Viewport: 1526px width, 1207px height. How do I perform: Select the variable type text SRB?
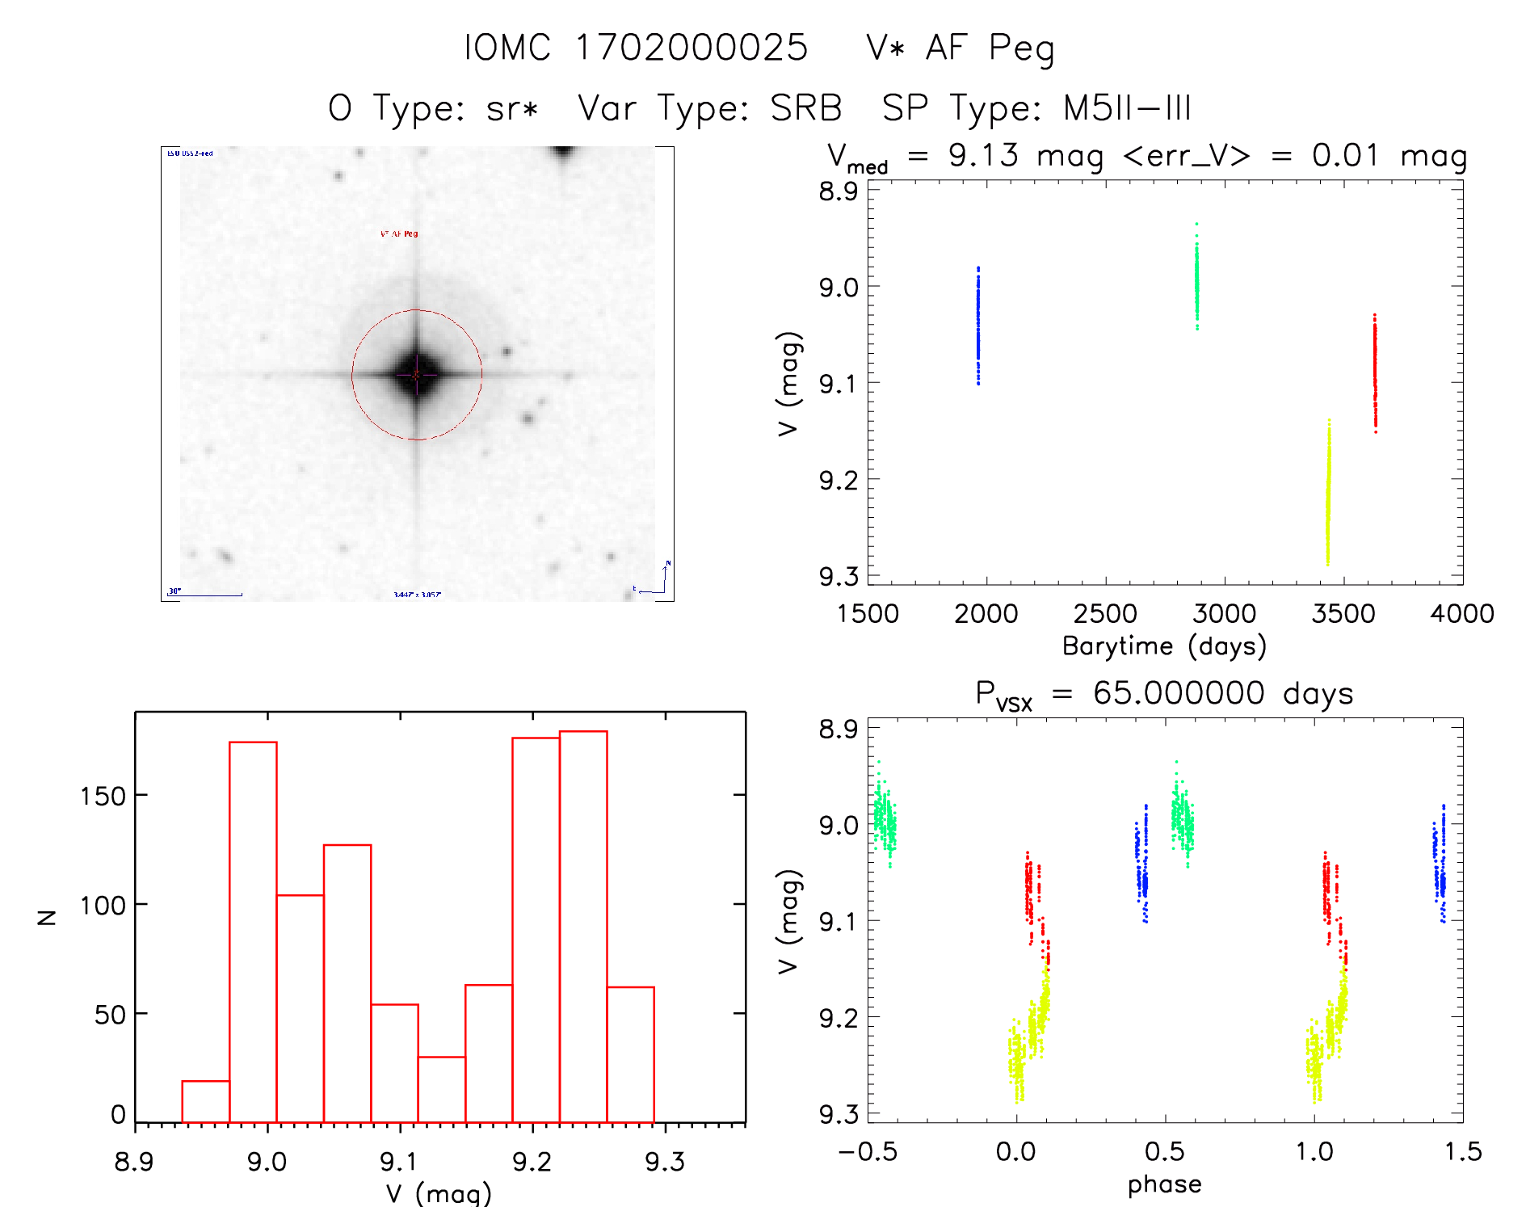[805, 108]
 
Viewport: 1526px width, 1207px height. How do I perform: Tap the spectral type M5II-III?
[1127, 108]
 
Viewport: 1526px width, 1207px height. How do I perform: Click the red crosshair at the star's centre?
[416, 375]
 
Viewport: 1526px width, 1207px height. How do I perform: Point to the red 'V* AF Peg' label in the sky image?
[399, 233]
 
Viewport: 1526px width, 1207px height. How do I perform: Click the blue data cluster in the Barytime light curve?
[977, 325]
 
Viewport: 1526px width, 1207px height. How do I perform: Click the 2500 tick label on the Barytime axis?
[1104, 614]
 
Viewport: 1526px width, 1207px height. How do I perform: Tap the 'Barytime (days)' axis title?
[1163, 646]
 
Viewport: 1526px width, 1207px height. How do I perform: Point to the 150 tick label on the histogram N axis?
[103, 796]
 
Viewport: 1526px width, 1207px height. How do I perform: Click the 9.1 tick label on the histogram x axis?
[399, 1162]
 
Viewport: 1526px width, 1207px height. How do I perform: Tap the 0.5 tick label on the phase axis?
[1164, 1151]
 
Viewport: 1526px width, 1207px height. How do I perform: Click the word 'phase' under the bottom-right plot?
[1164, 1184]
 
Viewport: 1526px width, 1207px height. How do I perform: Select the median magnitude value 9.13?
[983, 155]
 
